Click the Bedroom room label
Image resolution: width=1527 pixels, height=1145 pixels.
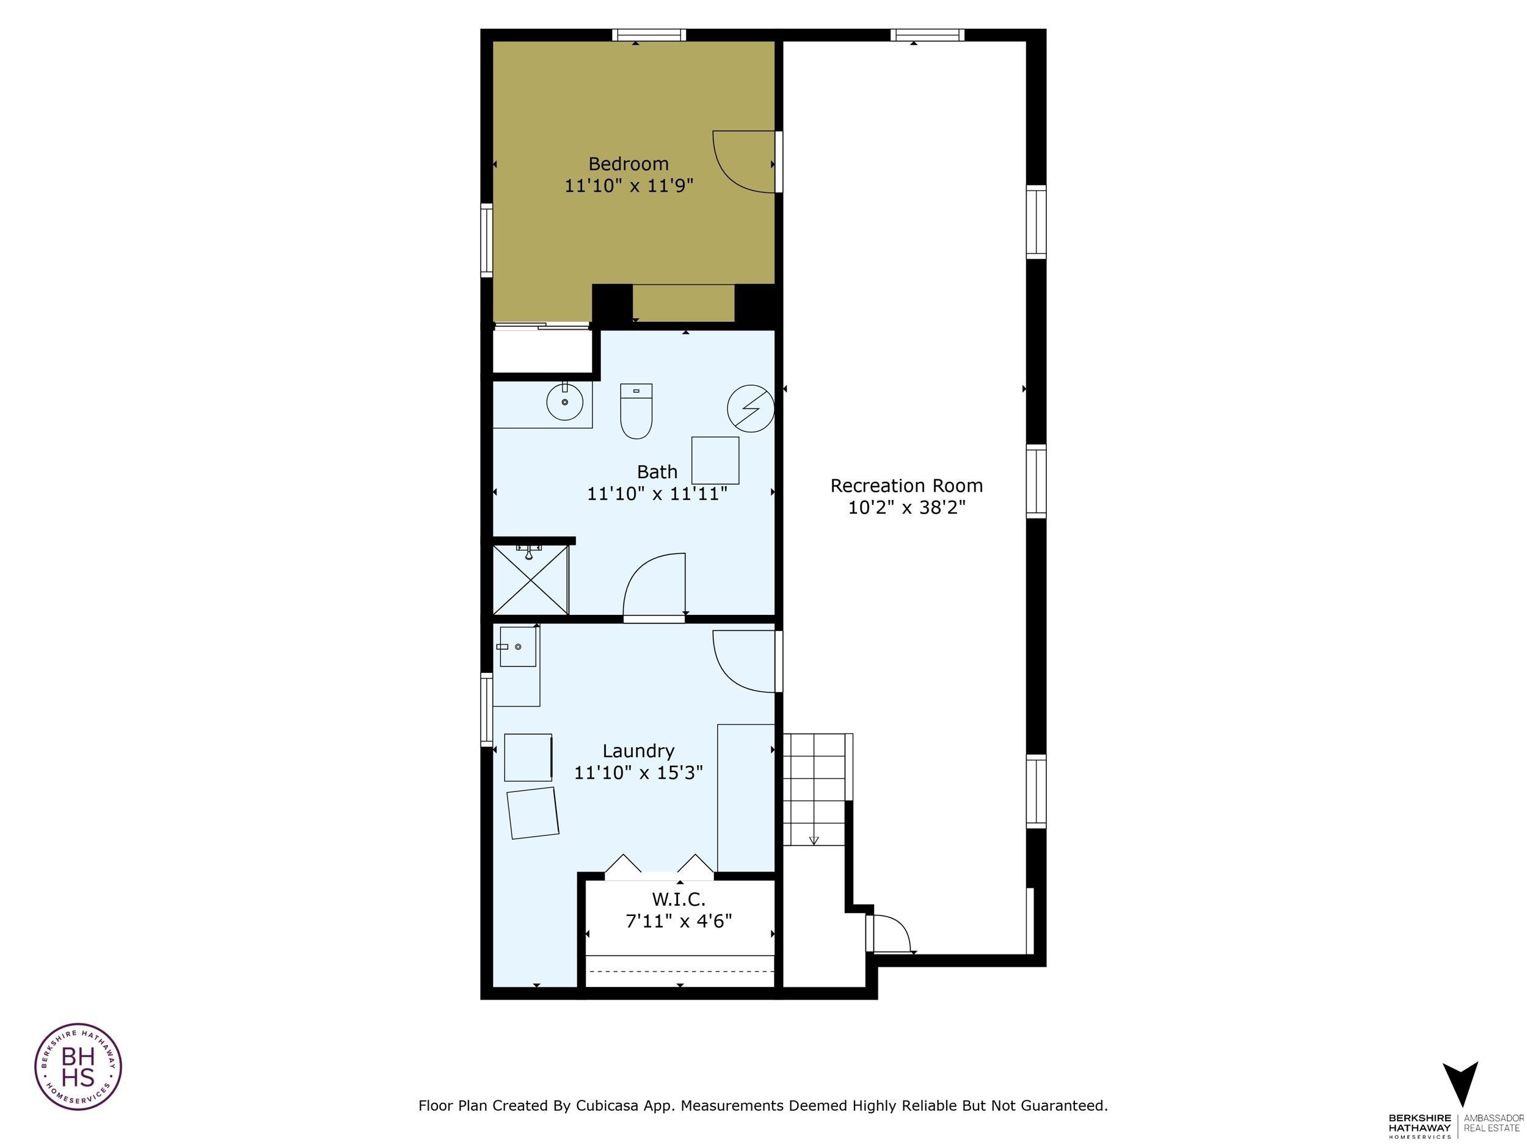click(x=628, y=164)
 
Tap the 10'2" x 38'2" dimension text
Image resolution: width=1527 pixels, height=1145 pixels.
click(x=906, y=507)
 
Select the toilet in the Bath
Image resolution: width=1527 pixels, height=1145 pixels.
click(x=636, y=412)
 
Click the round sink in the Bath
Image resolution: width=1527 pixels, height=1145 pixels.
click(x=565, y=402)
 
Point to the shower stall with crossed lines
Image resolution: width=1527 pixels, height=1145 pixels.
click(x=530, y=579)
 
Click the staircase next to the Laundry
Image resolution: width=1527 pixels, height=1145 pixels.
click(x=815, y=788)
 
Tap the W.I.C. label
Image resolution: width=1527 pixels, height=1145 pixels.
click(x=679, y=900)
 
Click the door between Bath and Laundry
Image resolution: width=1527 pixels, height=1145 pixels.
click(x=654, y=586)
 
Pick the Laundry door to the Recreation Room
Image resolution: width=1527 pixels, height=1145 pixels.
click(x=744, y=661)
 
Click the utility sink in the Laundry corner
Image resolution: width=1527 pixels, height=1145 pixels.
click(x=518, y=647)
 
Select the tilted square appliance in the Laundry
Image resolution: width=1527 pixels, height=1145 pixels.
click(x=532, y=813)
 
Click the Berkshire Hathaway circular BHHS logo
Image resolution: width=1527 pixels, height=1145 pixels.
click(x=78, y=1066)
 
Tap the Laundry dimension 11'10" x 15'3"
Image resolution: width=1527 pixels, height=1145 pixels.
click(x=638, y=772)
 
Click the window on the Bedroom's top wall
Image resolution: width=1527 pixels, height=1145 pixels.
click(x=648, y=35)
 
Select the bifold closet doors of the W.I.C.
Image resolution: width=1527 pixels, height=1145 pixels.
click(x=659, y=867)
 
